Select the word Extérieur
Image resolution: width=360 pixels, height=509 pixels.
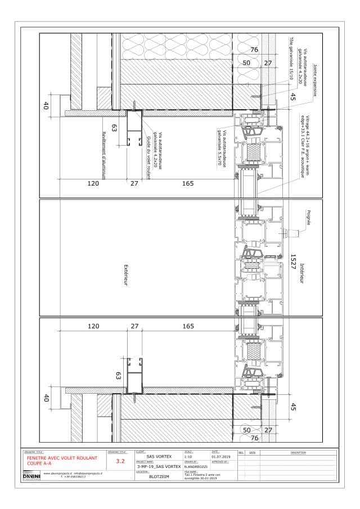point(127,276)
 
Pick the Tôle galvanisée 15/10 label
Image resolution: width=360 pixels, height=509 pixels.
point(291,59)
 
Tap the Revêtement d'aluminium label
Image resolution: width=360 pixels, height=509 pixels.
point(104,151)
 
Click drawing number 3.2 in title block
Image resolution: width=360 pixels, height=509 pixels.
point(120,461)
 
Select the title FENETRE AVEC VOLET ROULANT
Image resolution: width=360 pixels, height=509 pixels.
point(62,458)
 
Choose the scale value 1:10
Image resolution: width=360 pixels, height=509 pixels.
point(188,457)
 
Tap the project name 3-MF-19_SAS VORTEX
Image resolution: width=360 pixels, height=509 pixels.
point(159,467)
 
